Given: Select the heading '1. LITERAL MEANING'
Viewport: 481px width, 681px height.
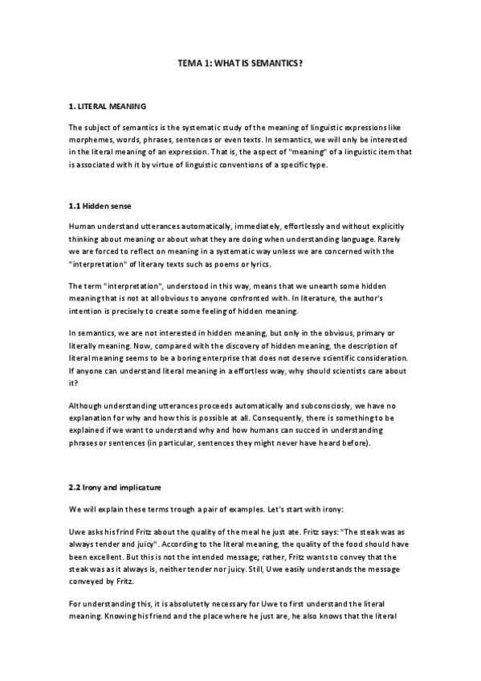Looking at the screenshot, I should (107, 106).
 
